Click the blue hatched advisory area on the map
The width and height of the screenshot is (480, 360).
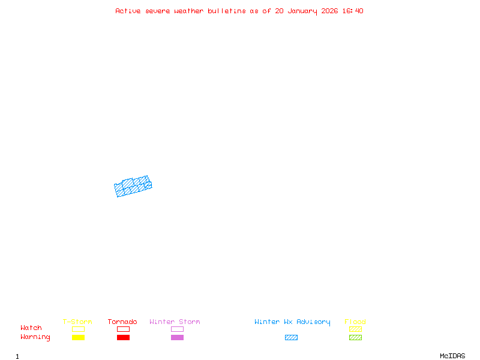coord(133,186)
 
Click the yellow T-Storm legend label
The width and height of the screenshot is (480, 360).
coord(77,322)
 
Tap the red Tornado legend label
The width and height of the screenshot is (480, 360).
coord(122,322)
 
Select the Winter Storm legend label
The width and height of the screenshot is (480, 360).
coord(175,322)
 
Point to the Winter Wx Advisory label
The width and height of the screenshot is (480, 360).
coord(292,322)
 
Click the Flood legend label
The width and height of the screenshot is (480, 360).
coord(355,322)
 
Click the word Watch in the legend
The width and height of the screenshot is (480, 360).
coord(31,328)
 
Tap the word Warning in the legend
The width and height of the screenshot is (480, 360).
coord(35,337)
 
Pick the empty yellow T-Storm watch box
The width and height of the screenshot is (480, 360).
coord(79,329)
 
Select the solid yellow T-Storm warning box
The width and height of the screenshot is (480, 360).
coord(79,337)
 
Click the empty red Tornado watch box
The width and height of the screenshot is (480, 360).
coord(124,329)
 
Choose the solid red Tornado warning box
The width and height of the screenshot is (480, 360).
coord(124,337)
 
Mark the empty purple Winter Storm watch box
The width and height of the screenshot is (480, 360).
coord(177,329)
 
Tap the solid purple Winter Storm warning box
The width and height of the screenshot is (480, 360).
coord(177,337)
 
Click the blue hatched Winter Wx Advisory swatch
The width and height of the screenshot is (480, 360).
coord(291,337)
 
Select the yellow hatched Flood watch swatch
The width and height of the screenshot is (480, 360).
coord(355,329)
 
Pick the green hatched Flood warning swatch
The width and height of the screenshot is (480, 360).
coord(355,337)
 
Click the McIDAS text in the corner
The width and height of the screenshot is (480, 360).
coord(452,356)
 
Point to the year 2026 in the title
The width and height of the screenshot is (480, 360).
coord(329,11)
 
